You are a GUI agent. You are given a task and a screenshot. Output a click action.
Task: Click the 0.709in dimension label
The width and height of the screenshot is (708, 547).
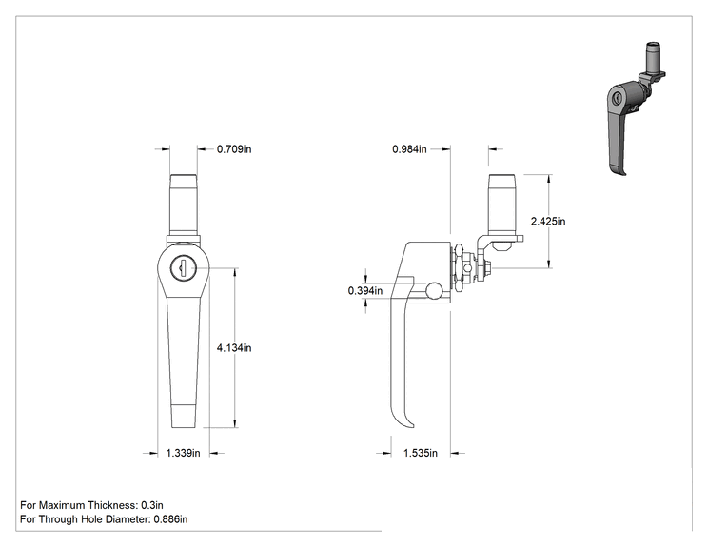click(x=234, y=149)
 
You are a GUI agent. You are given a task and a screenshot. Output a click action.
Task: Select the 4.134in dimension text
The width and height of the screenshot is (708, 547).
click(x=234, y=348)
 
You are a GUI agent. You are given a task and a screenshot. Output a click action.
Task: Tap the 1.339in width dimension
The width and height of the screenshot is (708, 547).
click(x=183, y=453)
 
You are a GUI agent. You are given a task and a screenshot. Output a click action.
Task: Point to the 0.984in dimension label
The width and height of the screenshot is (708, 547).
click(x=409, y=149)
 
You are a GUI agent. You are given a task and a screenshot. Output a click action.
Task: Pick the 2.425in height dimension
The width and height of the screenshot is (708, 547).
click(x=548, y=221)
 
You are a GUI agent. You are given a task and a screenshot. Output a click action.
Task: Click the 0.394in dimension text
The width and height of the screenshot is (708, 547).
click(x=364, y=291)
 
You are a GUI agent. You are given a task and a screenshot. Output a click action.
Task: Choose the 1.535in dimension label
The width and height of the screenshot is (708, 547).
click(x=421, y=453)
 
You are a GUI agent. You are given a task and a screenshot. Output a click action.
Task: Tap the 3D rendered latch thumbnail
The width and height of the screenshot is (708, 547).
click(x=636, y=108)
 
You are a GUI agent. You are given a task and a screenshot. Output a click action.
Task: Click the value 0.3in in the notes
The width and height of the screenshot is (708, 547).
click(x=152, y=505)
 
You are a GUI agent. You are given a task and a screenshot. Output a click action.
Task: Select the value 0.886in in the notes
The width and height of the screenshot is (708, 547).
click(x=170, y=519)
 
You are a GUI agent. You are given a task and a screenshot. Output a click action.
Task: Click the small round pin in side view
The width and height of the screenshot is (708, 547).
click(x=435, y=290)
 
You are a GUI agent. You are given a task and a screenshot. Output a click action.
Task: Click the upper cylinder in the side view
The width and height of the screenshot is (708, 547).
click(x=501, y=205)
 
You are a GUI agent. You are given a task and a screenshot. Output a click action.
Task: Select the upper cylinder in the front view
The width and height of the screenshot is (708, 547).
click(x=184, y=205)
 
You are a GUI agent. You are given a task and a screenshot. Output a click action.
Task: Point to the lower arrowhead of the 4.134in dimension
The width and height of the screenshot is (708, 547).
click(x=235, y=422)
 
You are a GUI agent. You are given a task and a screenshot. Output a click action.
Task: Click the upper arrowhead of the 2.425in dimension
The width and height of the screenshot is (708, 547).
click(x=549, y=180)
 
